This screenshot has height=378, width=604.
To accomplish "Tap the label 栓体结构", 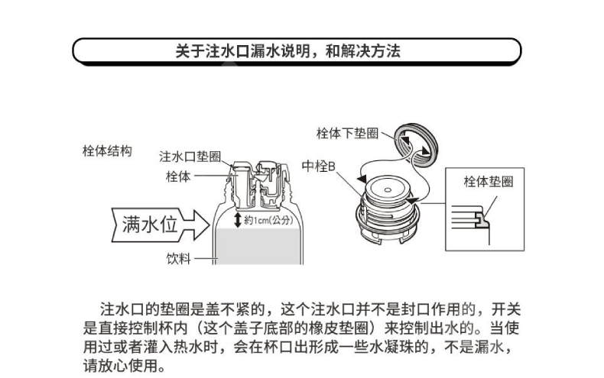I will [107, 151].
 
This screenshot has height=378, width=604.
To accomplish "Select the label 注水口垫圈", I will [190, 157].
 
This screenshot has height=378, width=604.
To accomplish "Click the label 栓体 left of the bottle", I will [177, 176].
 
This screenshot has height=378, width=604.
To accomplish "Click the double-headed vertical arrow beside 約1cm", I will [238, 220].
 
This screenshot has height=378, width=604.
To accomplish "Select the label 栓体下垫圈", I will [347, 133].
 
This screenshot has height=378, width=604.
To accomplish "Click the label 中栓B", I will [319, 165].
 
